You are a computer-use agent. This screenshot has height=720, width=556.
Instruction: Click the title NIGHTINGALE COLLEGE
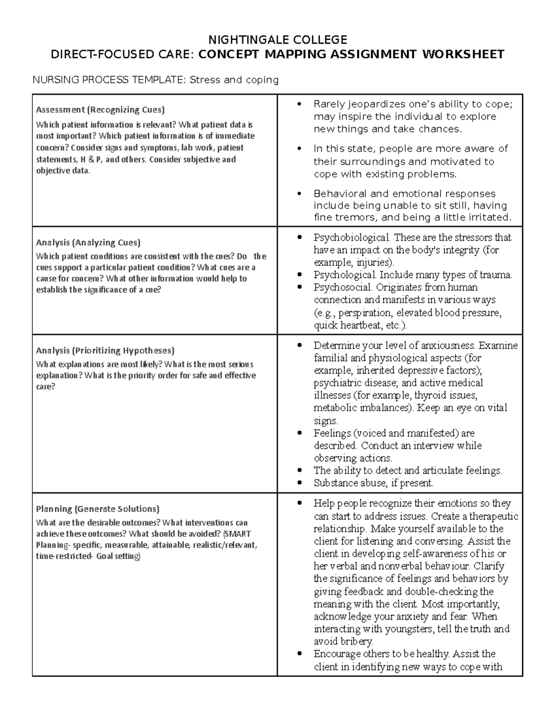point(278,39)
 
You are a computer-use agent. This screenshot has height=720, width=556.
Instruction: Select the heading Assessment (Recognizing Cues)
point(100,110)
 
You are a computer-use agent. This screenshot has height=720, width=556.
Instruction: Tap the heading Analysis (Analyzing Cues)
point(88,242)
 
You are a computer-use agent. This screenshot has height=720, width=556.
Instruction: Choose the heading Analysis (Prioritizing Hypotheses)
point(105,350)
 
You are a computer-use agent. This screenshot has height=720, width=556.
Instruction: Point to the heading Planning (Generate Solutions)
point(97,509)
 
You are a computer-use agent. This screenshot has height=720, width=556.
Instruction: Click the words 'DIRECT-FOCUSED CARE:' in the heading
point(122,55)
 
